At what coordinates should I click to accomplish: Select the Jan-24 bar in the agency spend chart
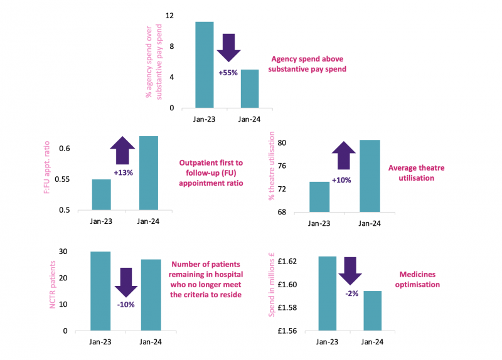249,88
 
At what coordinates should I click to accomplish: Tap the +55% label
228,73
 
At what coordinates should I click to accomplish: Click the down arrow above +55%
228,47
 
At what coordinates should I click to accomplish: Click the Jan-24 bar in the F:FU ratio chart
149,173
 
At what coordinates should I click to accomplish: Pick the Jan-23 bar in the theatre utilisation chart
319,197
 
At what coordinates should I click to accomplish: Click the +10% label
341,180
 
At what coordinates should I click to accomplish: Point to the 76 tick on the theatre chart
282,166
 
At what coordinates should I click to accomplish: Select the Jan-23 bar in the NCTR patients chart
100,291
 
